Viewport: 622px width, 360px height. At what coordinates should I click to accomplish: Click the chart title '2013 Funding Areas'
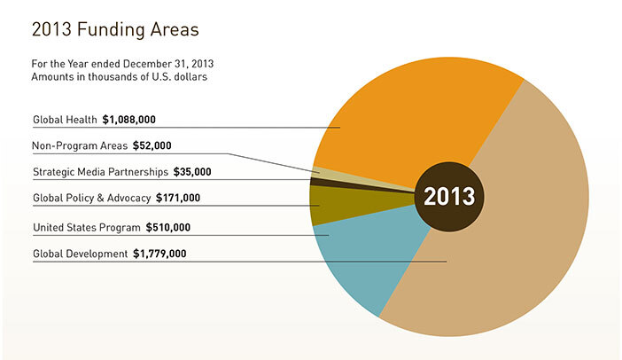click(115, 29)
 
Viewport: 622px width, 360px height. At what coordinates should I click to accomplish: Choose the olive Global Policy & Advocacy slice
click(326, 205)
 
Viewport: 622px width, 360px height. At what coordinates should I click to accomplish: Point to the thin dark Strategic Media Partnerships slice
click(316, 182)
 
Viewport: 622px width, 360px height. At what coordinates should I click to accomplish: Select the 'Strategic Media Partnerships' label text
click(97, 172)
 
